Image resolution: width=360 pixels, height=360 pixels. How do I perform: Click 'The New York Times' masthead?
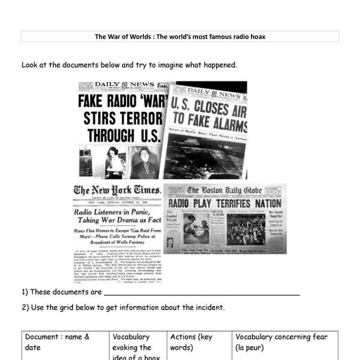(x=118, y=191)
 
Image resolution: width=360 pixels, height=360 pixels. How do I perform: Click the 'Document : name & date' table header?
(x=57, y=342)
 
